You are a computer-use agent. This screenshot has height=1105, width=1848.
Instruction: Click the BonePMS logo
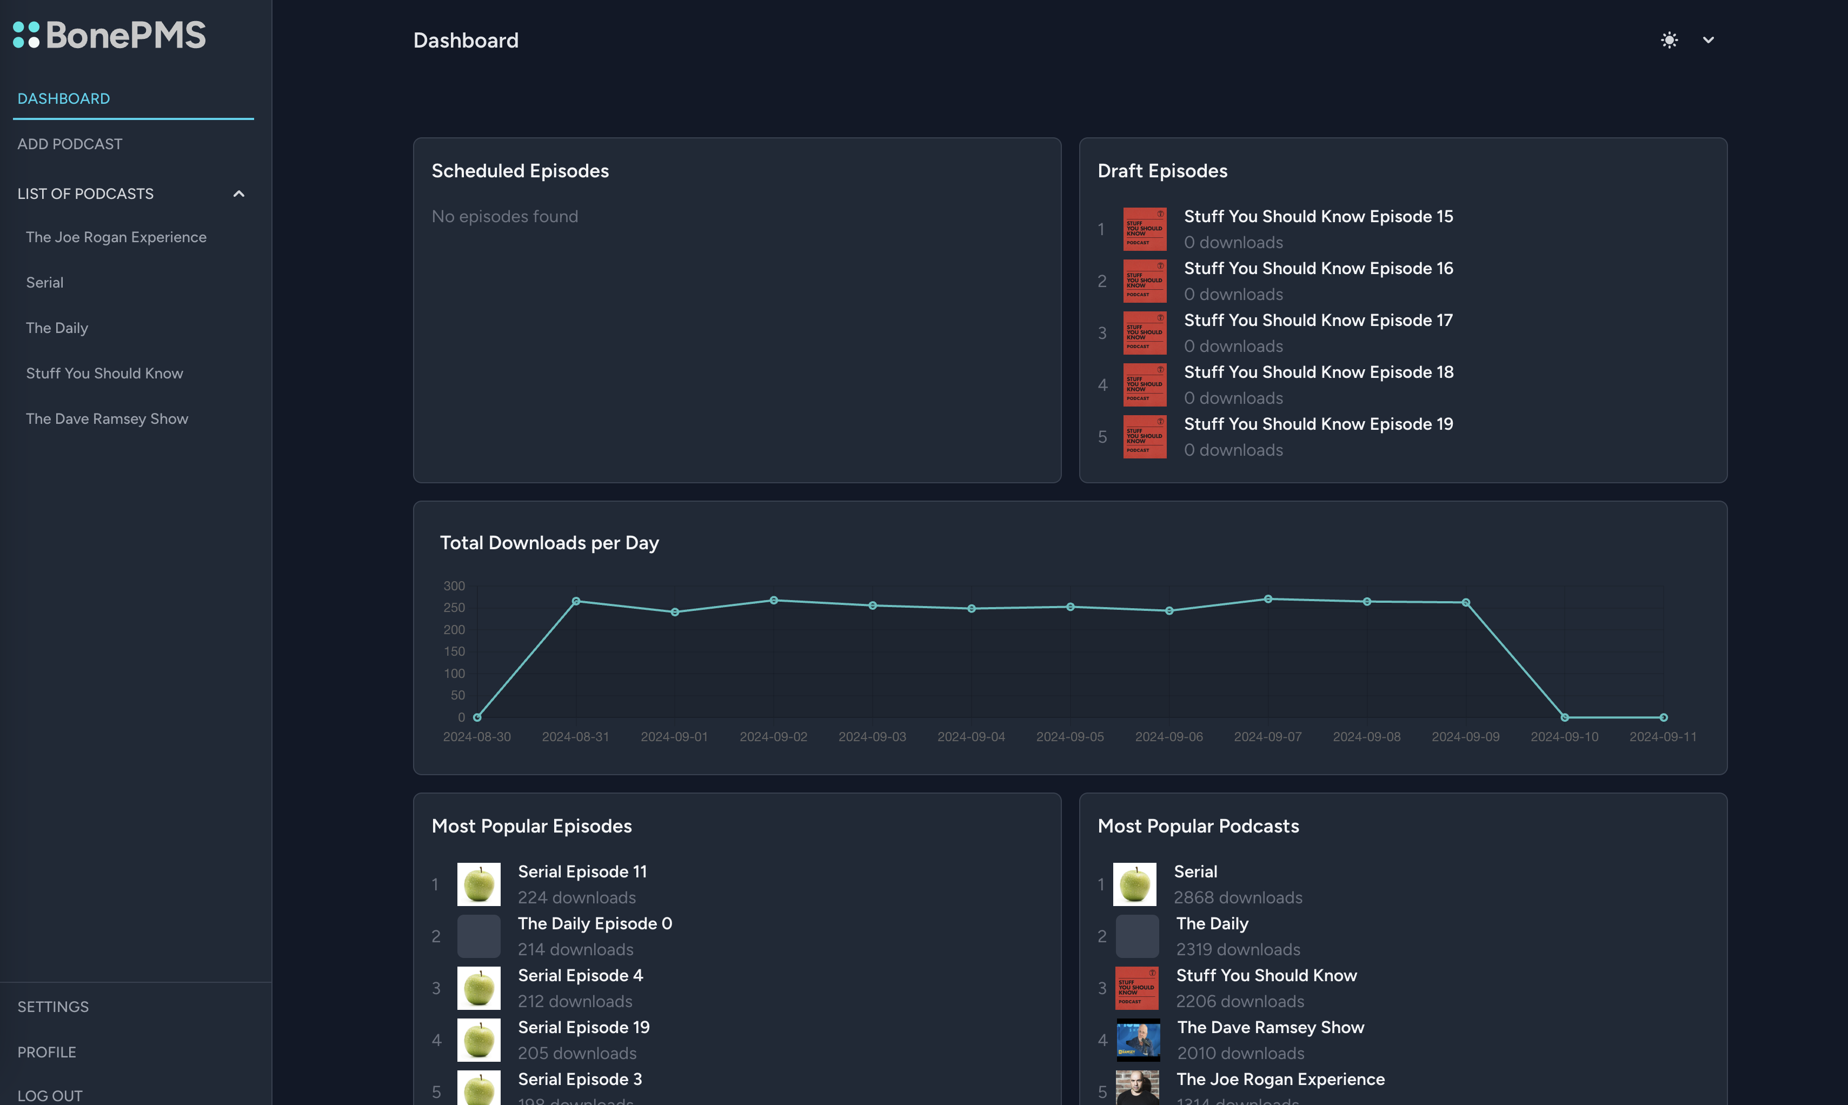point(109,35)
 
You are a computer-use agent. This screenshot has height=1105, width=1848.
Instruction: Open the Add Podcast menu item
point(70,144)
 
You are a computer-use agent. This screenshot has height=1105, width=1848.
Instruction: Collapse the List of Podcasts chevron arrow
point(239,194)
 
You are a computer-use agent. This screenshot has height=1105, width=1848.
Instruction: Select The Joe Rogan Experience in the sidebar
point(116,237)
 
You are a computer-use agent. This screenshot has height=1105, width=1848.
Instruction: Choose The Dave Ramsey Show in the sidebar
point(107,418)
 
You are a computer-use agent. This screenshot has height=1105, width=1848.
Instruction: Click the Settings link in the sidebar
point(53,1007)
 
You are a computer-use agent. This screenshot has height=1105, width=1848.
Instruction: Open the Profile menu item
point(47,1052)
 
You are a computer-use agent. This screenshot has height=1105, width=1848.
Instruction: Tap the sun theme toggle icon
point(1669,40)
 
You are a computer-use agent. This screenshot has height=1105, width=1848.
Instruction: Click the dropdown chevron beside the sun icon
point(1709,40)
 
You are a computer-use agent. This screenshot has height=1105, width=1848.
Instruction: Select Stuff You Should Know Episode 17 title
point(1318,320)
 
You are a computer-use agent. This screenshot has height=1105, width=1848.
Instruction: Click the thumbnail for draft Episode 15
point(1145,229)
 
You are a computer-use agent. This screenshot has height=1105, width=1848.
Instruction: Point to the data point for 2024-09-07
point(1268,598)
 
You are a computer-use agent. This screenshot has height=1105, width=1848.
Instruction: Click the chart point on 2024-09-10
point(1564,717)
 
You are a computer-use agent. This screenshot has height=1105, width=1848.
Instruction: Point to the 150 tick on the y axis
point(454,651)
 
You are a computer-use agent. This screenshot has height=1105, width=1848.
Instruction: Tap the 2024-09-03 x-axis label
point(872,736)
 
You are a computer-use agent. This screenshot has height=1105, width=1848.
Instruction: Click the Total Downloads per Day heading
point(549,543)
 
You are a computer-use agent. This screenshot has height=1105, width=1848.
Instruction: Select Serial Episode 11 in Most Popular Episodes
point(582,871)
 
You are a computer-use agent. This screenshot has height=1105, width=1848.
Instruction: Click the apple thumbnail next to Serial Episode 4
point(478,988)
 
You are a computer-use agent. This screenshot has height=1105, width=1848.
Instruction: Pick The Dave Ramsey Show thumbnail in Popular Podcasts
point(1138,1040)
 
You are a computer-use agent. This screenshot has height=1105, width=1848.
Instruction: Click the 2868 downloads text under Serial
point(1238,897)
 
